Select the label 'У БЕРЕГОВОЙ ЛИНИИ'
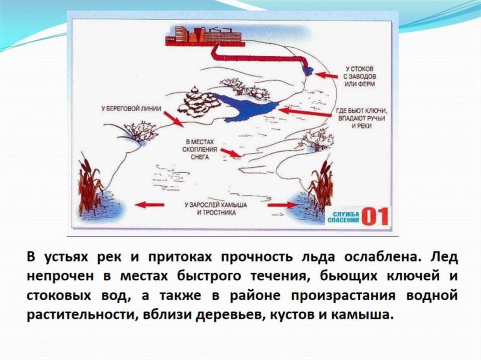[131, 108]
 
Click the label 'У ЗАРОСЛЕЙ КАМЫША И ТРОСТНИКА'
[216, 209]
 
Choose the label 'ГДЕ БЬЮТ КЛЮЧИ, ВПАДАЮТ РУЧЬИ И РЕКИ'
[361, 119]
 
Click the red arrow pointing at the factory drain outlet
[326, 75]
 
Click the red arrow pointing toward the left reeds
[149, 205]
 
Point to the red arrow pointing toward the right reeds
[282, 205]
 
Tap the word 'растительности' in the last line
[79, 314]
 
